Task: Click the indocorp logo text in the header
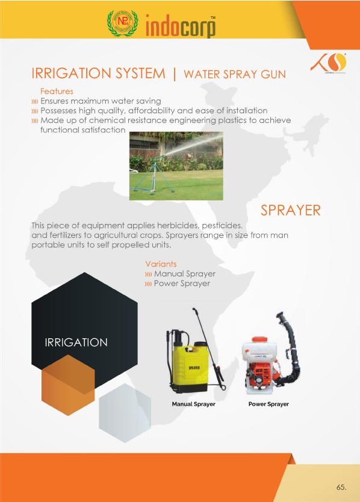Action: tap(181, 26)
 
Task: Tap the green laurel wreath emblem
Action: tap(123, 23)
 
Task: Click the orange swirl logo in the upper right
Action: tap(329, 63)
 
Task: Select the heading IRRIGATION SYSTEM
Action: tap(98, 73)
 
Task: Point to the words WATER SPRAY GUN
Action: tap(235, 74)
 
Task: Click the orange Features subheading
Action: tap(57, 91)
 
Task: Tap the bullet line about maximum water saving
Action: tap(101, 101)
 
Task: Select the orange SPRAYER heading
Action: tap(291, 210)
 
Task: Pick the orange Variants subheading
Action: tap(161, 264)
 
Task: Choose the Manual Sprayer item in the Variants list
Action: tap(184, 274)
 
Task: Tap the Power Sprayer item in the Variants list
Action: tap(182, 284)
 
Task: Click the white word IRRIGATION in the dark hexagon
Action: tap(76, 342)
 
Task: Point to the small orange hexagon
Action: tap(68, 385)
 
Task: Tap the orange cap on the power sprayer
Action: tap(259, 339)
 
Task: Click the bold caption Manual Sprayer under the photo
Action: tap(193, 404)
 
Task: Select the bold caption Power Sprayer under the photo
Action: tap(268, 404)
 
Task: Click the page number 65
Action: tap(341, 488)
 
